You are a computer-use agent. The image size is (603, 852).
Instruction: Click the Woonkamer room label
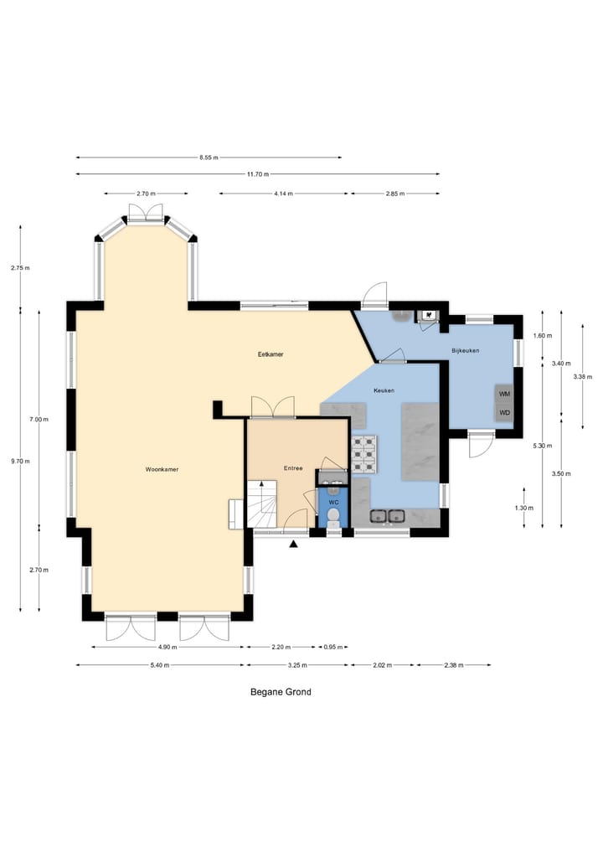[x=162, y=469]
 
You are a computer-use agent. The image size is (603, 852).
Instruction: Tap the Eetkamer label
[x=271, y=354]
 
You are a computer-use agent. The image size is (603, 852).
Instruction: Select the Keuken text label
[x=384, y=390]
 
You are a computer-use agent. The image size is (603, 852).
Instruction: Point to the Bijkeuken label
[x=466, y=351]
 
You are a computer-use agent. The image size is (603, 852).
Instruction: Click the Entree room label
[x=293, y=468]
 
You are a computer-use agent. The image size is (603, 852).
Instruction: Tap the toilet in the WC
[x=333, y=517]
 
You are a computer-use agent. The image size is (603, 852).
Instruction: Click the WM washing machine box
[x=504, y=394]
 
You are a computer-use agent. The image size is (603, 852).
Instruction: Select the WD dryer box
[x=504, y=412]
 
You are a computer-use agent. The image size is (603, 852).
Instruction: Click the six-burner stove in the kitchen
[x=364, y=454]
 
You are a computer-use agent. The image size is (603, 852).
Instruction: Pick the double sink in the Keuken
[x=387, y=516]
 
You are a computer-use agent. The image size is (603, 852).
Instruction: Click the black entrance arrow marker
[x=293, y=544]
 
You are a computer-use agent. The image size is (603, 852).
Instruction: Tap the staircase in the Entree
[x=262, y=503]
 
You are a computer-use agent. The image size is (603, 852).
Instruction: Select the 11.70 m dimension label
[x=258, y=174]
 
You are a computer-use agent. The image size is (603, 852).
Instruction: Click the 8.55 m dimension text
[x=209, y=157]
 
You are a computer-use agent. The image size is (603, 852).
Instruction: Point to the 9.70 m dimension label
[x=21, y=462]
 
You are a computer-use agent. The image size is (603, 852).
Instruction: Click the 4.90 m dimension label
[x=167, y=647]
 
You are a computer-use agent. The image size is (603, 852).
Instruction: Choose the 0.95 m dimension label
[x=333, y=647]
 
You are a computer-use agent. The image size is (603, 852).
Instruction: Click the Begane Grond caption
[x=281, y=692]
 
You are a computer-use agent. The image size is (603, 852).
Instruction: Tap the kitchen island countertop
[x=420, y=441]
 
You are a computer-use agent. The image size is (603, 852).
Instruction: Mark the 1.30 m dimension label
[x=524, y=508]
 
